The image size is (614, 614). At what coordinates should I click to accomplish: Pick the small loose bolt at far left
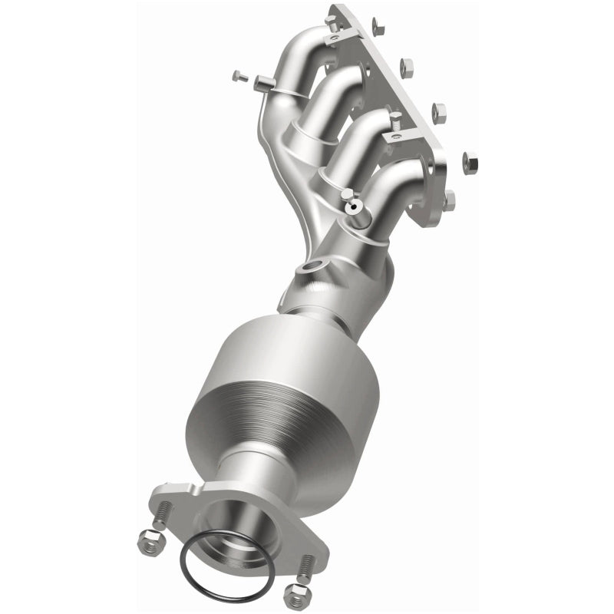(x=236, y=75)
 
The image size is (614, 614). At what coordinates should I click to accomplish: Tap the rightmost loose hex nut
(x=469, y=162)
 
